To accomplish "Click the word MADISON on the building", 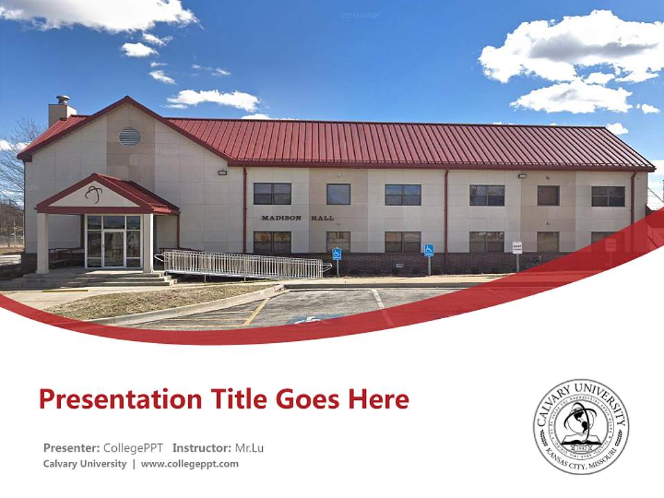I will [282, 218].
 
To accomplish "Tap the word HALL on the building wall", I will [322, 218].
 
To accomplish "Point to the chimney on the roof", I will [62, 110].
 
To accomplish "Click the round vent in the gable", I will [129, 136].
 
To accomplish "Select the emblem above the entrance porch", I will [93, 193].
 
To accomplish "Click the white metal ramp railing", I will [242, 264].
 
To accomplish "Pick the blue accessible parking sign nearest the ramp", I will [337, 254].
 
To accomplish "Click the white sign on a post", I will [517, 247].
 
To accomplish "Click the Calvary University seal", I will [581, 425].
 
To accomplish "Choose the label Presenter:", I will [71, 448].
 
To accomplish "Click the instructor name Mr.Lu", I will [249, 448].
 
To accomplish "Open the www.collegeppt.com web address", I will [190, 463].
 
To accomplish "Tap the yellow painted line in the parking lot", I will [255, 311].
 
